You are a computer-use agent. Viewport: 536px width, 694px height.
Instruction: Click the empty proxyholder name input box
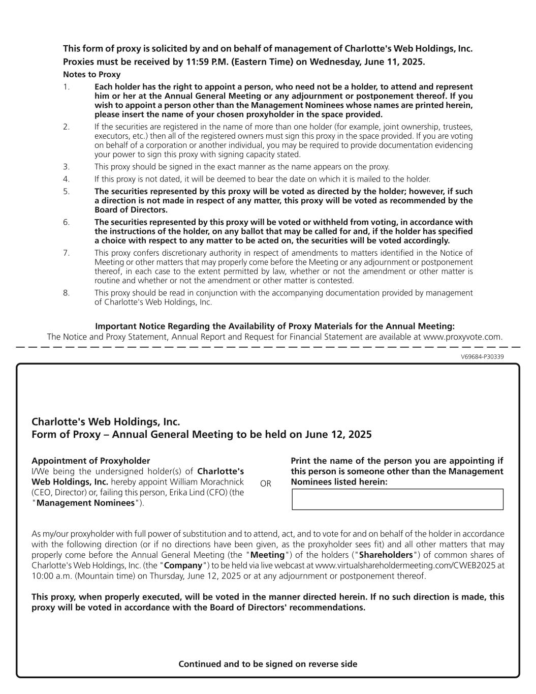pos(397,499)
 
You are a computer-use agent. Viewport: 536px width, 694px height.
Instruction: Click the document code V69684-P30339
pos(482,357)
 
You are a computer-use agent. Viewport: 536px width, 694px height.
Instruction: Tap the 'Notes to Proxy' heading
pos(91,75)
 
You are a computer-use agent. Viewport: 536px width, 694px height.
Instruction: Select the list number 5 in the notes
pos(66,192)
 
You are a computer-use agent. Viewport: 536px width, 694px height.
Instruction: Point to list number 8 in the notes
pos(66,293)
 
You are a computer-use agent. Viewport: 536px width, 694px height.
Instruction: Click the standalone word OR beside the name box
pos(266,484)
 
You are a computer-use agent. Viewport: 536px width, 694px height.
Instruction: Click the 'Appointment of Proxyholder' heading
pos(90,461)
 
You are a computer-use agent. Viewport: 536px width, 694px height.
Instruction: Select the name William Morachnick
pos(210,482)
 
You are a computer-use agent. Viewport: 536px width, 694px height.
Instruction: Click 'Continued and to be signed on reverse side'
pos(268,664)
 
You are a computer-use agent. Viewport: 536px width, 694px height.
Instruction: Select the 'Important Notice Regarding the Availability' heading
pos(275,326)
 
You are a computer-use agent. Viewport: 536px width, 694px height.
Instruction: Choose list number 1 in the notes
pos(66,87)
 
